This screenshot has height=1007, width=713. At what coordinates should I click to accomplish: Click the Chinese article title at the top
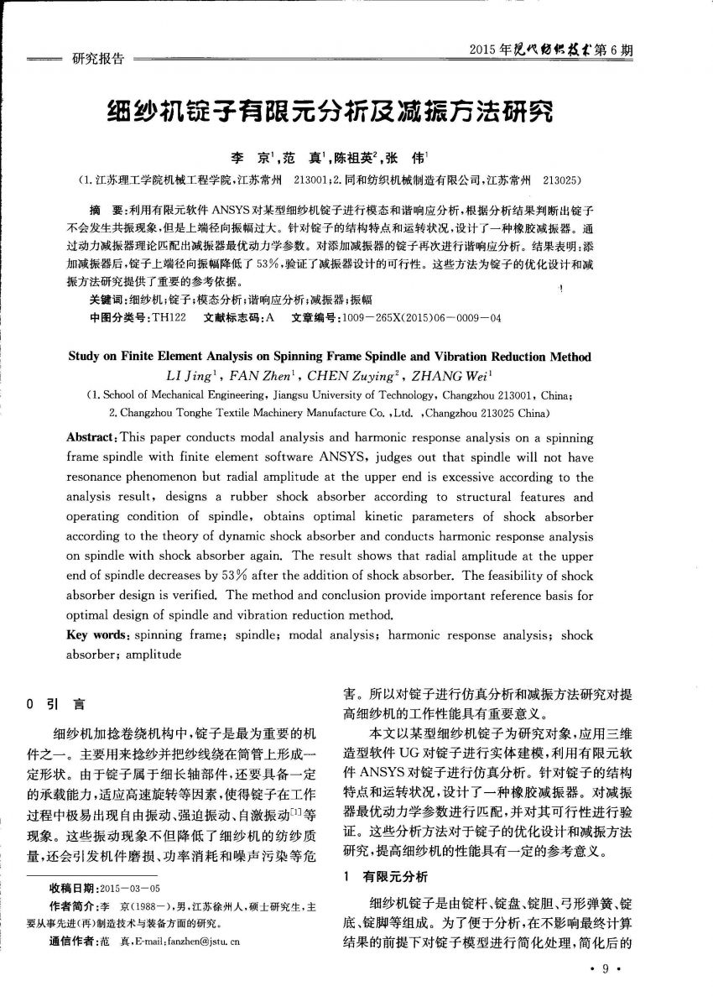(x=330, y=112)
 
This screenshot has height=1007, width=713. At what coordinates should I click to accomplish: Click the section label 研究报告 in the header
(x=98, y=59)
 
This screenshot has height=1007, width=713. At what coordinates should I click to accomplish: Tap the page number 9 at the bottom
(x=605, y=970)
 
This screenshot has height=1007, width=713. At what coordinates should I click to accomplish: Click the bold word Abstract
(x=91, y=437)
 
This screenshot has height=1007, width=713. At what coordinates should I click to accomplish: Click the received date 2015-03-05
(x=129, y=887)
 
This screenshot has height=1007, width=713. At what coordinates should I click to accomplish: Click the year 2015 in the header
(x=486, y=50)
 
